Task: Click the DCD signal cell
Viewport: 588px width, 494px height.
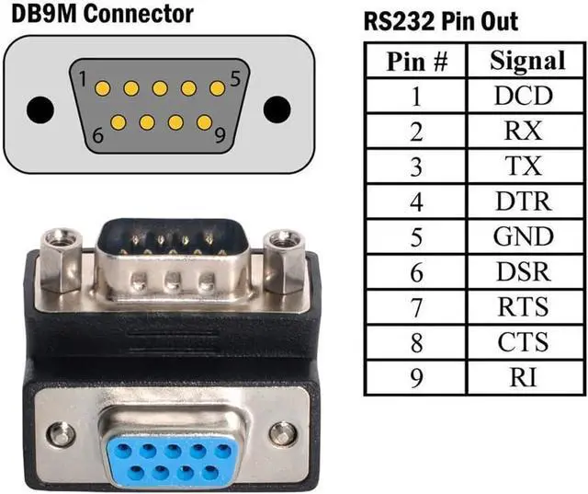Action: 524,95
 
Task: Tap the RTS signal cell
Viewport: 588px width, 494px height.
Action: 524,306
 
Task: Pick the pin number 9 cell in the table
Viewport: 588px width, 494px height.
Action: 416,377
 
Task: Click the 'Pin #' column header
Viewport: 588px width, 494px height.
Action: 416,61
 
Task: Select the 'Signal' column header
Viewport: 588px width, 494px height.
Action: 524,61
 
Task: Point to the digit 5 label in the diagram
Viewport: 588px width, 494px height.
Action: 236,79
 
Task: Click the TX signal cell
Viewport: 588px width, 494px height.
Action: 524,166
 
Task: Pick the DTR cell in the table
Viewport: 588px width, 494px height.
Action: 524,201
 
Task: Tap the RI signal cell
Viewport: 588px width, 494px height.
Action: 524,377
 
